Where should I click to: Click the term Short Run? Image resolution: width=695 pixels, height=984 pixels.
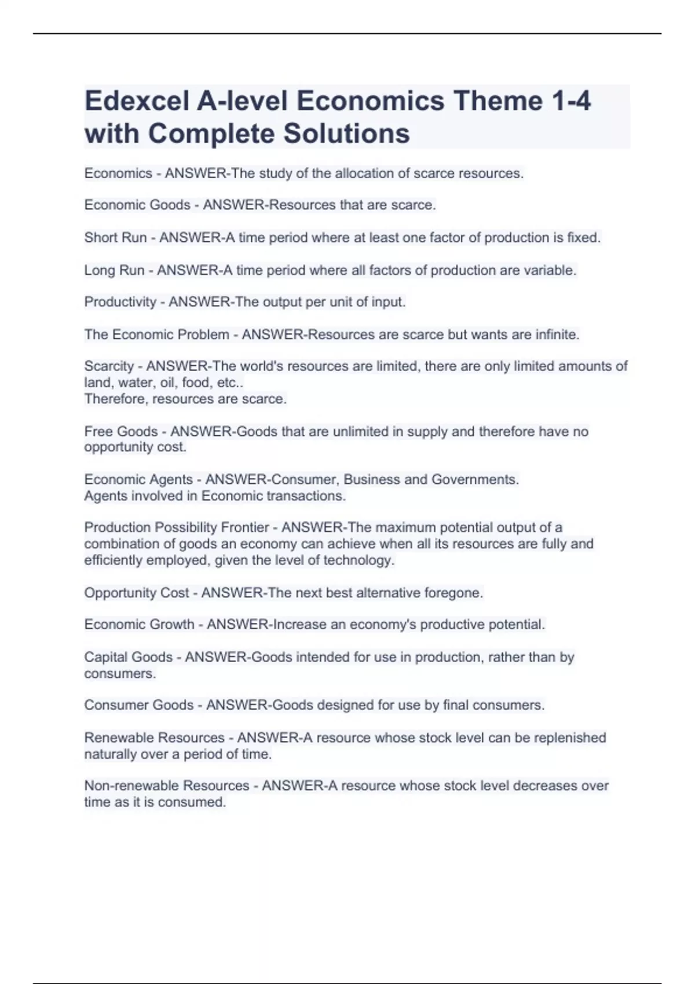point(115,237)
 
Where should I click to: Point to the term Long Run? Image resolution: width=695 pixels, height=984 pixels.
point(114,270)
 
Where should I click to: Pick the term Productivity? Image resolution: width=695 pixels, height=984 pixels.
point(120,302)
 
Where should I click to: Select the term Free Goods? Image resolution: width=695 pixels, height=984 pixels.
point(121,431)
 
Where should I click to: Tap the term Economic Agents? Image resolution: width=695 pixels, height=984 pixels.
point(138,479)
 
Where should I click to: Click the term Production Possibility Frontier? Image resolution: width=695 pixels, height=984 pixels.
point(177,527)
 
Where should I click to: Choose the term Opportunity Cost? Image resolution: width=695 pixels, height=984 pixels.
point(137,593)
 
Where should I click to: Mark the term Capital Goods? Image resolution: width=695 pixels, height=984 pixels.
point(128,657)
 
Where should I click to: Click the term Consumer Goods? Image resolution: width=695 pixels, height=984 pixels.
point(139,705)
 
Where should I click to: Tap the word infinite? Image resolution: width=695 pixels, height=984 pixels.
point(556,335)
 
